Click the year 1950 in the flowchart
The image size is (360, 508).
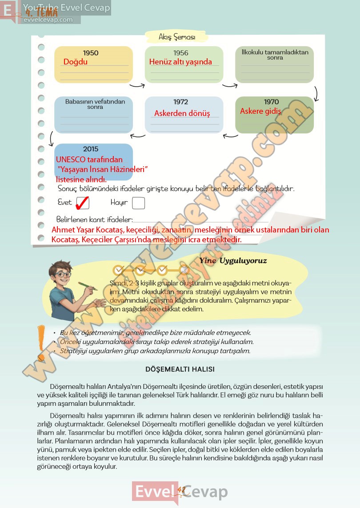point(91,53)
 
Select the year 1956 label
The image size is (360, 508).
point(181,53)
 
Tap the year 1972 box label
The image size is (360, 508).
point(181,102)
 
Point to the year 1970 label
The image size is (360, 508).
point(272,102)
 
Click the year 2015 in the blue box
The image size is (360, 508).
point(91,149)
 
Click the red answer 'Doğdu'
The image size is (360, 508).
point(76,62)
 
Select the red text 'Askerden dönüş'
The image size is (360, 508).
point(182,113)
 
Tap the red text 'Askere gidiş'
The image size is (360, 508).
point(260,111)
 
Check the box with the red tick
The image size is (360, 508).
point(83,203)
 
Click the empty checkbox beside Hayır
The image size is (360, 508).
point(138,203)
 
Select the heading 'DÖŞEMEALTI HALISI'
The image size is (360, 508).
point(180,369)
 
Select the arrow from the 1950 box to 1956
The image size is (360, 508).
point(137,85)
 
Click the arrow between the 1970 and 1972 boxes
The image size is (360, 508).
point(230,135)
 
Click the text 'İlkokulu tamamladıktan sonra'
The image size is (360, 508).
point(275,55)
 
